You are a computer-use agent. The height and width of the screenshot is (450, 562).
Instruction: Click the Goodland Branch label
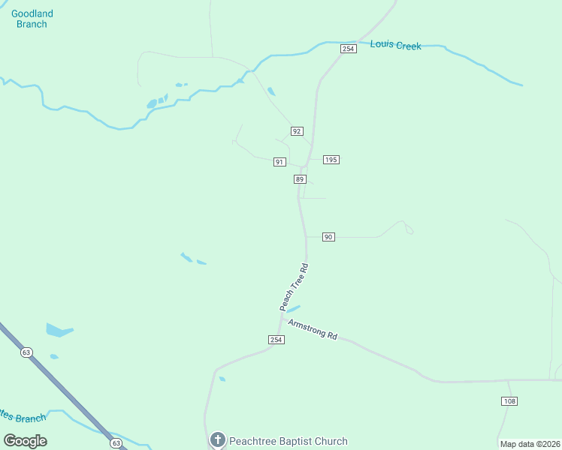[32, 19]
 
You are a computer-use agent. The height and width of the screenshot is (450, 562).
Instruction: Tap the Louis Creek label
[395, 46]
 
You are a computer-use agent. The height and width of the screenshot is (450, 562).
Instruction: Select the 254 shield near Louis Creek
[347, 49]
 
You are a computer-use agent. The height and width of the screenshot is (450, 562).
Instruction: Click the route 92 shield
[297, 131]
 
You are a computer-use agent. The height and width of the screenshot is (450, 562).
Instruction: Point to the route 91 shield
[279, 162]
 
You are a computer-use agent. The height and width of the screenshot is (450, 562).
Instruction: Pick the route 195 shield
[331, 160]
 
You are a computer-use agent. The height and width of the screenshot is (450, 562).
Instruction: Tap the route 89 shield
[300, 179]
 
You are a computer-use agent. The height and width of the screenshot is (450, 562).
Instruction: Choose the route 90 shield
[328, 237]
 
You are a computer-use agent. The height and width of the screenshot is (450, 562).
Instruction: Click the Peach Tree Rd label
[294, 287]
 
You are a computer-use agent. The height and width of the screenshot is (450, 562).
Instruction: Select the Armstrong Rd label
[313, 328]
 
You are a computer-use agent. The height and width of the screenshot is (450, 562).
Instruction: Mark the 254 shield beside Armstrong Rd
[276, 340]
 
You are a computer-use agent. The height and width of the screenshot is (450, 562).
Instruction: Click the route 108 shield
[509, 401]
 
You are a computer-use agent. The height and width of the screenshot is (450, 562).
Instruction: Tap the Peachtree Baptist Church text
[289, 441]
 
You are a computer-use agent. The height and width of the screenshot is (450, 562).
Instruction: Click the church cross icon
[218, 440]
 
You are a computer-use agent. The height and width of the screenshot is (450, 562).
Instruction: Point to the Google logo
[26, 440]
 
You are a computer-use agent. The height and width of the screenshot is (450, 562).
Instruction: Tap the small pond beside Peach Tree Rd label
[293, 308]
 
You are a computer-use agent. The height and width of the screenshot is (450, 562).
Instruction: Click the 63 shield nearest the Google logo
[116, 443]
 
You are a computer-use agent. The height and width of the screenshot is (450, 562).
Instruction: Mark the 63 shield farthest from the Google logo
[27, 352]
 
